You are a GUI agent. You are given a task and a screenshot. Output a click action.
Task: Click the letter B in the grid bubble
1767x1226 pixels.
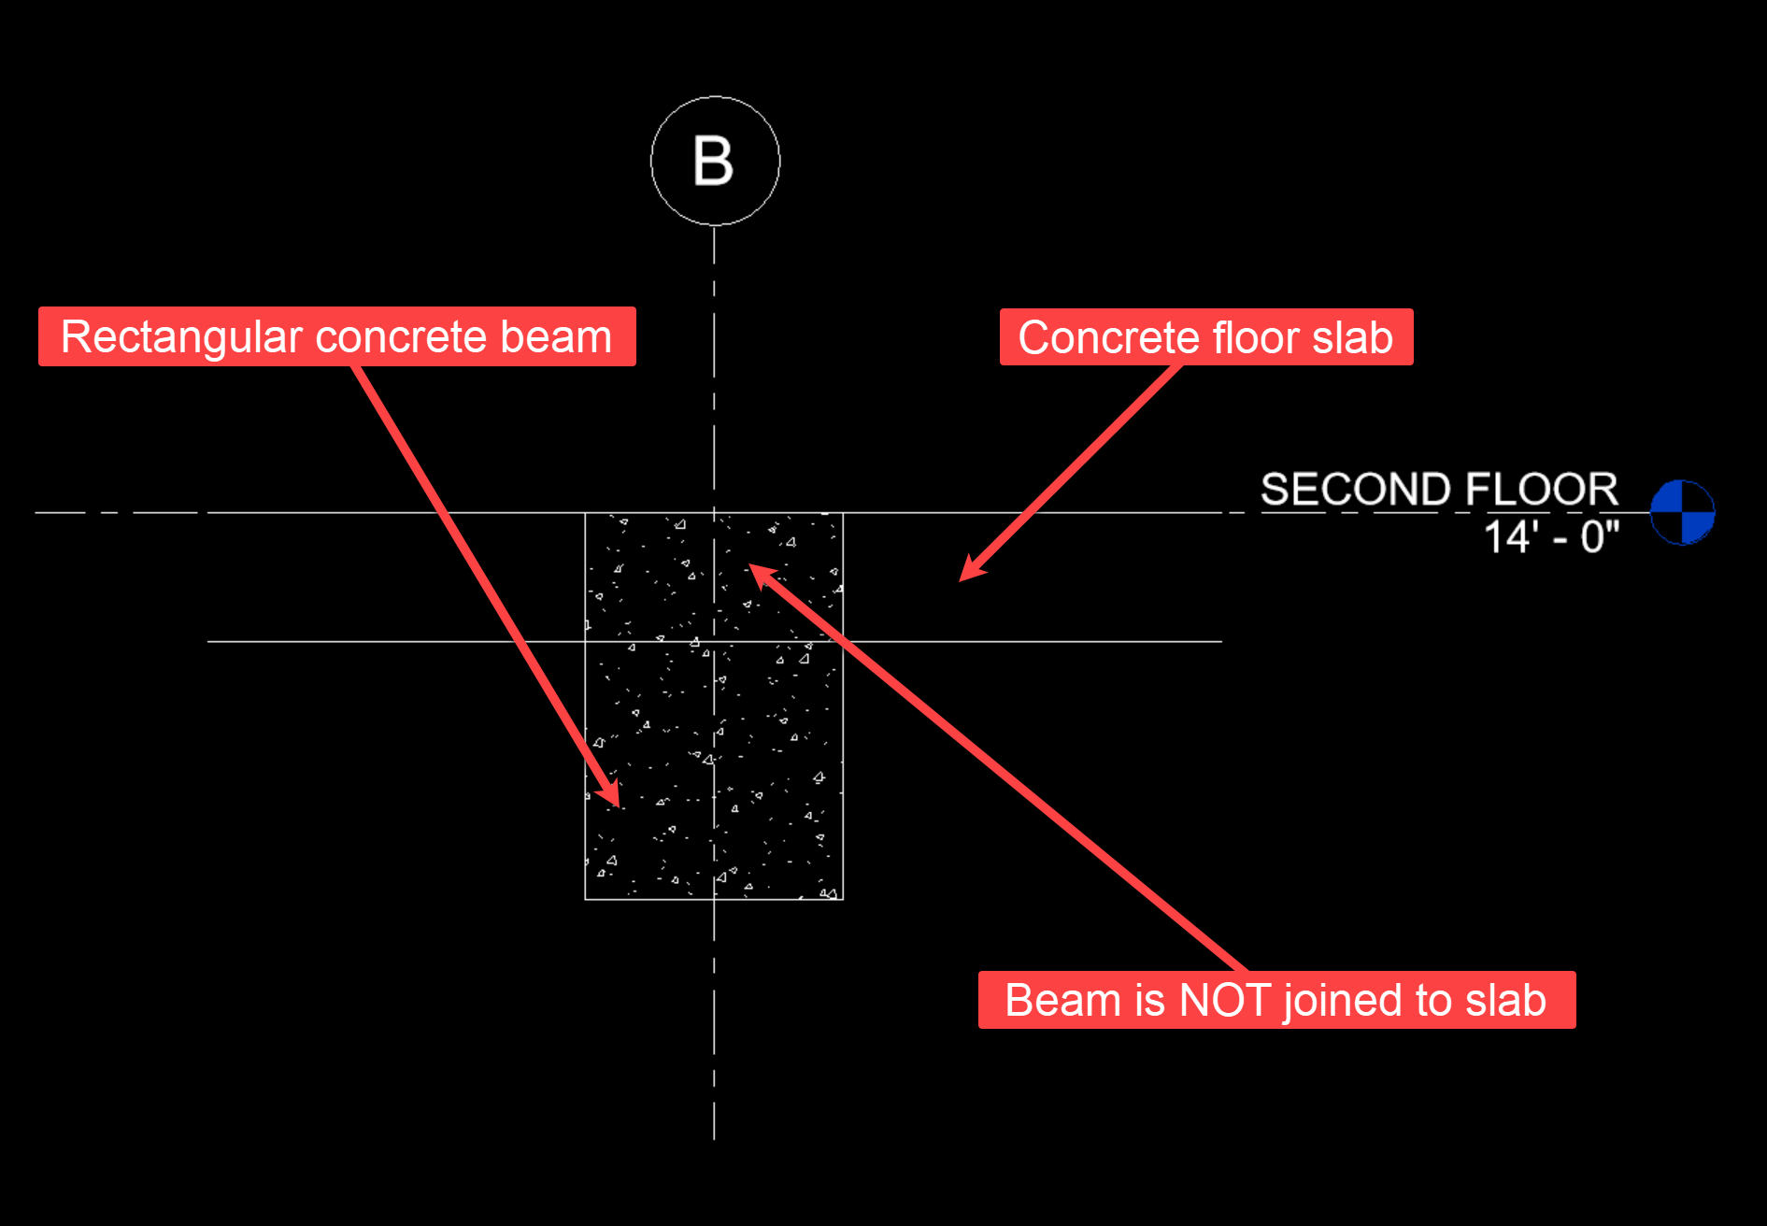tap(714, 161)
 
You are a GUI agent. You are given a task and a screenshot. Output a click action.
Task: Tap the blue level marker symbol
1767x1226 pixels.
tap(1682, 512)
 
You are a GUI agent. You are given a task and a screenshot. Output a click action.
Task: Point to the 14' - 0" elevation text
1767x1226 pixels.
tap(1551, 537)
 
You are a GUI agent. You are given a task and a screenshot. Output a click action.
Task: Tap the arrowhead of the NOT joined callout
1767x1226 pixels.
tap(755, 570)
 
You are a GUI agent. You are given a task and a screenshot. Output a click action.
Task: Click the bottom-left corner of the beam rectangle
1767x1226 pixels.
tap(585, 900)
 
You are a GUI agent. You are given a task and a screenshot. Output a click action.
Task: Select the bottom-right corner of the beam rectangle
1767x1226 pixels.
tap(843, 900)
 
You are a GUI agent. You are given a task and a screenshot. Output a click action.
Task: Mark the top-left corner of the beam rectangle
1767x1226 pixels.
tap(585, 513)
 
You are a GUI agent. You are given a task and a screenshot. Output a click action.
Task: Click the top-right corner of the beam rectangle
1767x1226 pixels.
tap(843, 513)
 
